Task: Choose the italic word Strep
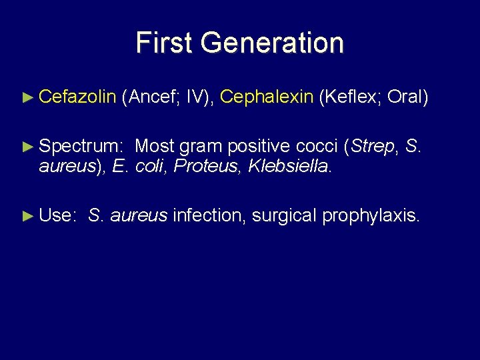click(x=373, y=146)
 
